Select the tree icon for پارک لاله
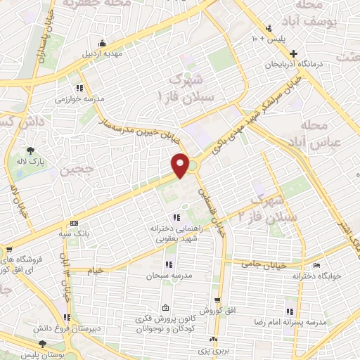30,150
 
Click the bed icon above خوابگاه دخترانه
315,265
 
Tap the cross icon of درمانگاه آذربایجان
294,54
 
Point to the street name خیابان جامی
262,264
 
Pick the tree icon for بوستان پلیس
44,343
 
